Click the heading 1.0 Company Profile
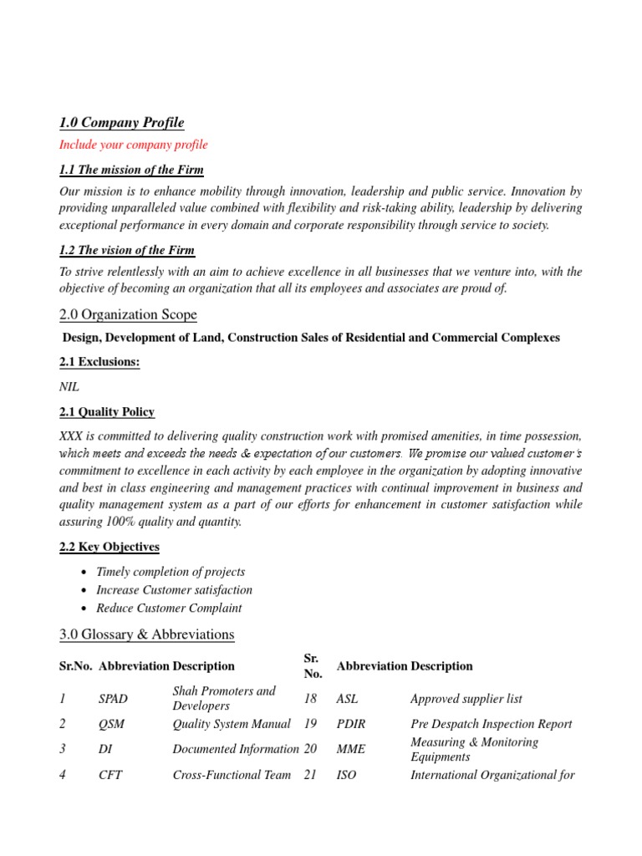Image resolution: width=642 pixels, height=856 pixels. pos(121,123)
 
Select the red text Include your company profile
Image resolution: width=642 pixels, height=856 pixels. pos(133,145)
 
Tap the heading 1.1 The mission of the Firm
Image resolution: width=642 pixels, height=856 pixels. pos(131,170)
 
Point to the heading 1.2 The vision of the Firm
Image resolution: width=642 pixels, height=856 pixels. pos(127,250)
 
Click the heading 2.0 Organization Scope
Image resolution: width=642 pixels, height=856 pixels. pos(128,314)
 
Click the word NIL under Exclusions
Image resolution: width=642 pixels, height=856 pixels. pos(69,388)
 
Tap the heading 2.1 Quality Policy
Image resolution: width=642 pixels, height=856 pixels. pos(106,412)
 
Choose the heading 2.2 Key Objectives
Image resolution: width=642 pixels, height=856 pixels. pos(109,547)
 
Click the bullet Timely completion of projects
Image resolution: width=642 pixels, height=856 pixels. pos(171,572)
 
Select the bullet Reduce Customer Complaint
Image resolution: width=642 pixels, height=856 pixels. pos(169,609)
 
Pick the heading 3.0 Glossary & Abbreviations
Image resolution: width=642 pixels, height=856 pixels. pos(146,634)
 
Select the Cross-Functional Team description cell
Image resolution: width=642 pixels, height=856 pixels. pos(232,775)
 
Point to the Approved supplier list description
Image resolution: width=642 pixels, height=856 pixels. pos(466,699)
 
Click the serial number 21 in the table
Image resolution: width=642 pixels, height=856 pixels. pos(310,775)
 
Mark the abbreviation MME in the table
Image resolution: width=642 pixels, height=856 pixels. pos(349,750)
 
